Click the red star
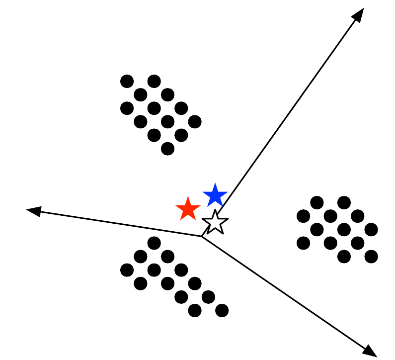click(188, 209)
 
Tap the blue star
click(215, 195)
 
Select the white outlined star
click(215, 222)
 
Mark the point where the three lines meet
click(202, 236)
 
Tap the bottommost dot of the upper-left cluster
click(168, 148)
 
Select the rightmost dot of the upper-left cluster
click(195, 121)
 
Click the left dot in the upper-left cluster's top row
click(127, 81)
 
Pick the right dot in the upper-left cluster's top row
click(154, 81)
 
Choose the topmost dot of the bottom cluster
click(154, 243)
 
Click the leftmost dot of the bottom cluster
click(127, 270)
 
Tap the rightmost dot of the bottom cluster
click(222, 310)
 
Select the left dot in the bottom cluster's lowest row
click(195, 310)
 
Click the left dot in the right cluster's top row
click(317, 202)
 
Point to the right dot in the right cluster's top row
click(344, 202)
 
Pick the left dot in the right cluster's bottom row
click(344, 257)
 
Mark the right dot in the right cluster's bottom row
click(371, 257)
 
